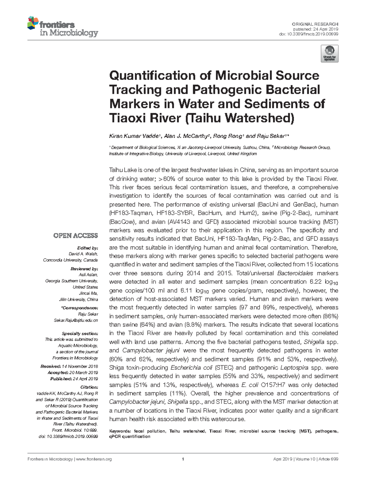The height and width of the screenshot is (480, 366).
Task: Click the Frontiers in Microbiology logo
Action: [63, 27]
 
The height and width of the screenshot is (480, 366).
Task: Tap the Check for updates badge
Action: [329, 53]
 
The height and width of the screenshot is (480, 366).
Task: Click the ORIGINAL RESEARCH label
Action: [315, 24]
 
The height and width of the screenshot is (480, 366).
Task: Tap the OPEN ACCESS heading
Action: [76, 236]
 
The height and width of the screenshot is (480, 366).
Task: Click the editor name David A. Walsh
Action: [83, 254]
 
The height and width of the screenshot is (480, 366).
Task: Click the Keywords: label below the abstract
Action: [120, 431]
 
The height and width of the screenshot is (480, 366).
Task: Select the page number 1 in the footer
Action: [183, 459]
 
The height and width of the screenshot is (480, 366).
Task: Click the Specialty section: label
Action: [80, 333]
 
